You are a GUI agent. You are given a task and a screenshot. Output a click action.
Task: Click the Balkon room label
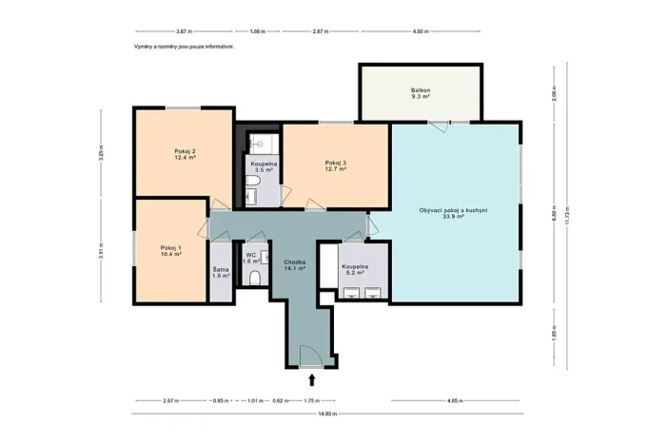[x=421, y=93]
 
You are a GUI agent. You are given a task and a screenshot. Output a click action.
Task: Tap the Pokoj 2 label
[x=185, y=155]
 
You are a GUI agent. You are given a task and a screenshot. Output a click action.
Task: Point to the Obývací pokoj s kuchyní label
[x=453, y=214]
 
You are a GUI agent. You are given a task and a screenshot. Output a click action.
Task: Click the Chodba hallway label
[x=293, y=265]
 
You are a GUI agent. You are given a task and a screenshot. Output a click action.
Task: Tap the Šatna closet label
[x=221, y=273]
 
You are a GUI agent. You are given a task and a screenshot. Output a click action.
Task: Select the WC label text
[x=251, y=257]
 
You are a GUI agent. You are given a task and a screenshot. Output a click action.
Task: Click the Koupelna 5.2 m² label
[x=355, y=269]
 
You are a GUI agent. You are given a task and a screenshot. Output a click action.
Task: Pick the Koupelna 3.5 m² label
[x=264, y=167]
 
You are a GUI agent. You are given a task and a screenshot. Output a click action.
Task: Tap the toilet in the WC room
[x=256, y=278]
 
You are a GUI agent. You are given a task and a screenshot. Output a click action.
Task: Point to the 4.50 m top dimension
[x=420, y=31]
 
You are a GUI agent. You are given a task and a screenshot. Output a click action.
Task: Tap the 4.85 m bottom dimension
[x=454, y=401]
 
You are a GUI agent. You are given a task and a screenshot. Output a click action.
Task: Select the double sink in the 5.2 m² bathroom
[x=361, y=293]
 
